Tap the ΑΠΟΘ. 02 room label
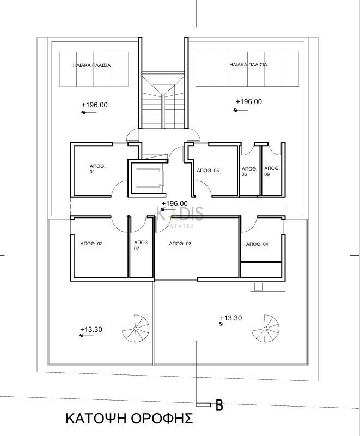(x=91, y=244)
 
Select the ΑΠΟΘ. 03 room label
(x=180, y=244)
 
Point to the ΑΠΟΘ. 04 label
(x=257, y=244)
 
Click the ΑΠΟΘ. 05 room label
(x=208, y=171)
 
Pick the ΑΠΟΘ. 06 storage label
(x=249, y=172)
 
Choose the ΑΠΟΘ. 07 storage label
(x=142, y=245)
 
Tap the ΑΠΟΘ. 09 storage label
(x=272, y=171)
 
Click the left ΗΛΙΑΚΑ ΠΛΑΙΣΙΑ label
(x=91, y=65)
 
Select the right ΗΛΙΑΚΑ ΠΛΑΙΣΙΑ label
(x=248, y=65)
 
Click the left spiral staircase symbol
(x=136, y=329)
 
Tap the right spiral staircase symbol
(x=266, y=329)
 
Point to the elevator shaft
(x=148, y=178)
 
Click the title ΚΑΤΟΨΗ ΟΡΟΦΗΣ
(x=130, y=418)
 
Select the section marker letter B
(x=219, y=405)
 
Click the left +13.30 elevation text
(x=91, y=330)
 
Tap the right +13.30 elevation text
(x=230, y=318)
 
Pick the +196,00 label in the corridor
(x=174, y=203)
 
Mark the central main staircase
(x=163, y=100)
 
